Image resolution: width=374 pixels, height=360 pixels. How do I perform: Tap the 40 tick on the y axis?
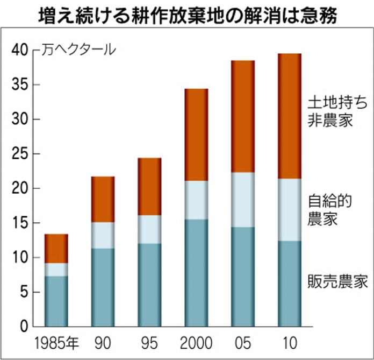click(x=20, y=50)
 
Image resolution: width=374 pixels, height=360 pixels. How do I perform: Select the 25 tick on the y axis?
click(x=20, y=154)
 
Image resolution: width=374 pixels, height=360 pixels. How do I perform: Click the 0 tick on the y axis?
click(x=24, y=327)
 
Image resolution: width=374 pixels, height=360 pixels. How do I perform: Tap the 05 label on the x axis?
click(x=243, y=343)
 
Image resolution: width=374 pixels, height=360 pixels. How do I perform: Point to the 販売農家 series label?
click(x=337, y=281)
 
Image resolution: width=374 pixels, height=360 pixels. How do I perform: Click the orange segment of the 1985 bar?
click(x=56, y=248)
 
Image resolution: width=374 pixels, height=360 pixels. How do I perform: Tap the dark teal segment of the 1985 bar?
click(x=56, y=301)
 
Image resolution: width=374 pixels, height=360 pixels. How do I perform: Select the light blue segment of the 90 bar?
click(x=103, y=235)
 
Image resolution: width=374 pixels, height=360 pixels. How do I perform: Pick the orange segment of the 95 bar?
click(x=149, y=186)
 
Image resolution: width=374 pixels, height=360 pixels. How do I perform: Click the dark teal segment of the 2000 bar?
click(x=196, y=273)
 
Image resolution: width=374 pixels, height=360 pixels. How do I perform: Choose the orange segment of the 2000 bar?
click(x=196, y=135)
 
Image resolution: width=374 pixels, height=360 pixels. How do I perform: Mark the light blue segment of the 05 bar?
click(x=243, y=200)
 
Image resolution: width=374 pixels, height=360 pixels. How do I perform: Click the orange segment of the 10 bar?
click(x=290, y=116)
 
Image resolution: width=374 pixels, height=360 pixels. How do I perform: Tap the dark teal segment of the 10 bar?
click(x=290, y=284)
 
